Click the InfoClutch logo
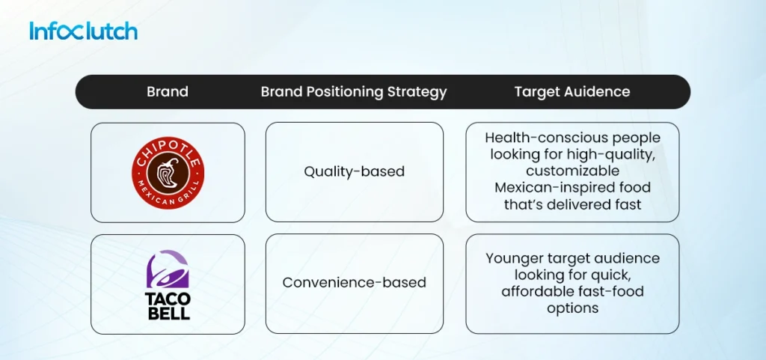(83, 31)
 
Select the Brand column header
(167, 92)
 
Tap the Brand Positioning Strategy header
(353, 92)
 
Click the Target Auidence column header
(572, 92)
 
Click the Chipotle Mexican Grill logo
(168, 173)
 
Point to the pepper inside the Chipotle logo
(168, 171)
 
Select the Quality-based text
(354, 171)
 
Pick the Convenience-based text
(354, 283)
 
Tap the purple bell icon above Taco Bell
(168, 267)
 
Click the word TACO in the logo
(168, 296)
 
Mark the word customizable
(572, 171)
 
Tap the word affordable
(536, 291)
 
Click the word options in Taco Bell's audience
(572, 308)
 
